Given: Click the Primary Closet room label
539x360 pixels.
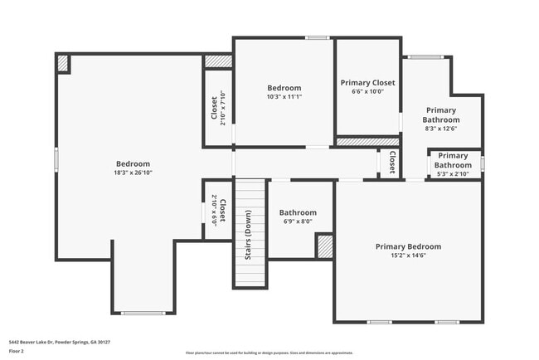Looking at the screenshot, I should click(x=367, y=83).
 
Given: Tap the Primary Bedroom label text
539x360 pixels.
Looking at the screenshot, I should click(x=408, y=246).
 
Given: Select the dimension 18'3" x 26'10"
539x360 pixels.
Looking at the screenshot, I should click(x=133, y=173).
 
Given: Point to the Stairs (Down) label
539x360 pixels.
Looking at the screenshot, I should click(x=249, y=236).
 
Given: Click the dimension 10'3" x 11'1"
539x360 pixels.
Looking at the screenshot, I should click(x=284, y=96).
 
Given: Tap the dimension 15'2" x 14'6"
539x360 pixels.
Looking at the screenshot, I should click(x=408, y=256).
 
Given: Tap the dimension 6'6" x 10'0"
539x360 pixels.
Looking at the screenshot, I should click(x=367, y=92).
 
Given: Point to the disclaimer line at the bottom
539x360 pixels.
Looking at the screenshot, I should click(x=269, y=353).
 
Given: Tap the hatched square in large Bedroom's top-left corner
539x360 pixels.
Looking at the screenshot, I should click(x=63, y=63).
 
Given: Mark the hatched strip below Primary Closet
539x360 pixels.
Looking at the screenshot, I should click(x=367, y=142).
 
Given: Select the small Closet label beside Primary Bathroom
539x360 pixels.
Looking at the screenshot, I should click(x=391, y=162).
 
